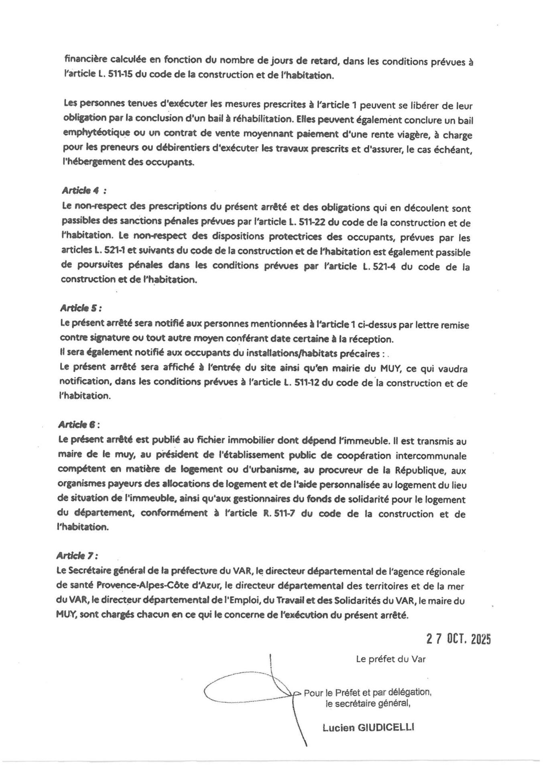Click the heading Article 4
tap(84, 191)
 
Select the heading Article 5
tap(81, 308)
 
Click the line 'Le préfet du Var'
tap(390, 659)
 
